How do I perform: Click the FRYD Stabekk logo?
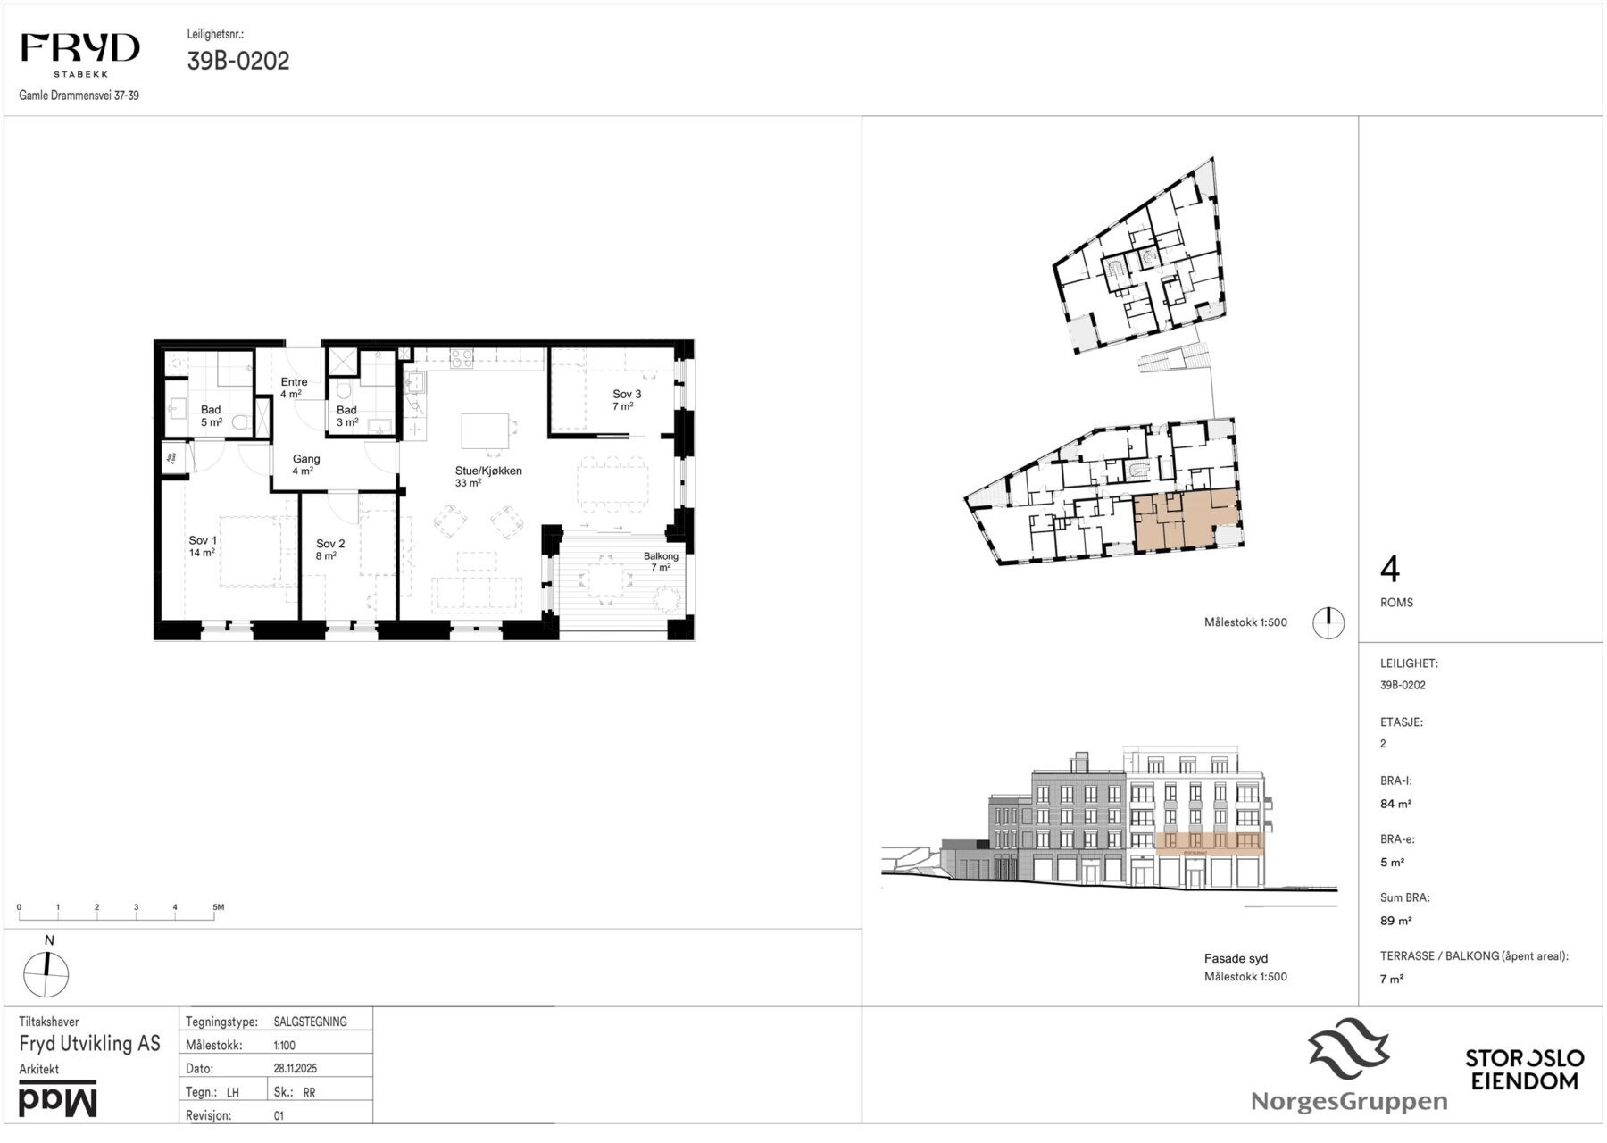pos(80,55)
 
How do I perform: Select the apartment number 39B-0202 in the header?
pos(238,61)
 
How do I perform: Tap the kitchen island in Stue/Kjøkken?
pos(485,430)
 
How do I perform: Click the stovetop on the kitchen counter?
pos(462,359)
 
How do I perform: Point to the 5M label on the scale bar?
pos(219,907)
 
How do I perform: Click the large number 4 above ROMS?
pos(1390,569)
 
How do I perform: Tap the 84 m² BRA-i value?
pos(1395,804)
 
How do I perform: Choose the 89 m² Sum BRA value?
pos(1395,921)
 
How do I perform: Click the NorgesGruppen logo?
pos(1349,1067)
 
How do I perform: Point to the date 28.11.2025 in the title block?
pos(296,1068)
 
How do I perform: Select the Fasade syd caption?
pos(1236,959)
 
